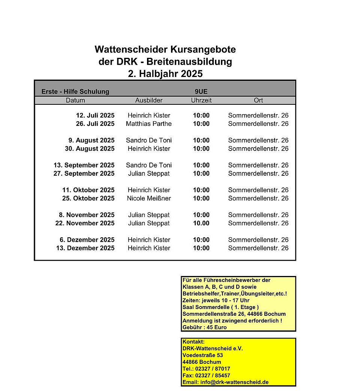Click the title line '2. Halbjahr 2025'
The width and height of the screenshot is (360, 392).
(x=165, y=74)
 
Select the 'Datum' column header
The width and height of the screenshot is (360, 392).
(x=75, y=100)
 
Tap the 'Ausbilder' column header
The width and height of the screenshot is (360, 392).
(x=149, y=100)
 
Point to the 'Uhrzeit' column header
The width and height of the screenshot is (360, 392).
(x=201, y=100)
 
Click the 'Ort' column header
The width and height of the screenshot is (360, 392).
(x=258, y=100)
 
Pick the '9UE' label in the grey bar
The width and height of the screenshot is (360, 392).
(x=201, y=92)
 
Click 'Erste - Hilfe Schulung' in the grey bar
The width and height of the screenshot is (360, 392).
(x=75, y=92)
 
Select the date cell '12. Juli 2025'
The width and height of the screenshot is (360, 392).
(x=95, y=116)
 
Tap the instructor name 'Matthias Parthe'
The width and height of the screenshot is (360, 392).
(x=149, y=124)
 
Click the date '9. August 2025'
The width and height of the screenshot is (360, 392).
(x=91, y=140)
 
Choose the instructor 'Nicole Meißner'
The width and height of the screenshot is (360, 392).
(x=149, y=198)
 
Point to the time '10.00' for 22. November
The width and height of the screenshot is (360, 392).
(x=201, y=223)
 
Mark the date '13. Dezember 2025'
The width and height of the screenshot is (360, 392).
(x=85, y=248)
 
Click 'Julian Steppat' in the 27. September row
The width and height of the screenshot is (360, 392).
(x=149, y=173)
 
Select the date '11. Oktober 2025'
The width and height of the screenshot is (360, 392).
(x=88, y=190)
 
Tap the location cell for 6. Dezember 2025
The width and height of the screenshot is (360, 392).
(x=258, y=240)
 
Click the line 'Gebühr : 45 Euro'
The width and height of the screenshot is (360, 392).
(x=204, y=327)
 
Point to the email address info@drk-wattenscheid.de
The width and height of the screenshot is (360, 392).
(x=225, y=382)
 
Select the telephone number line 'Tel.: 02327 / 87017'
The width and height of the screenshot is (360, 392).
(x=206, y=369)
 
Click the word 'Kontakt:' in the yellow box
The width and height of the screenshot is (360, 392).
(x=193, y=342)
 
